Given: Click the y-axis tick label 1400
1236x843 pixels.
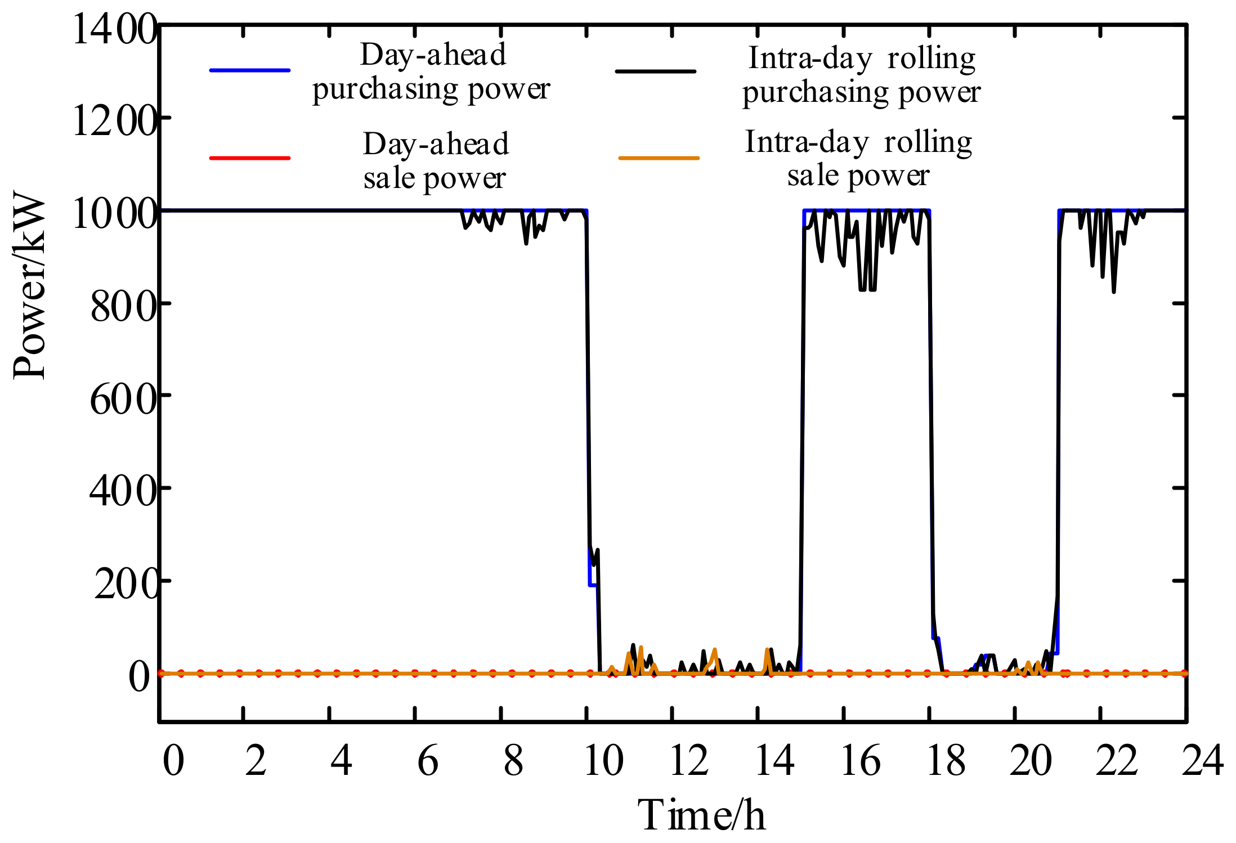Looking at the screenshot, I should (115, 29).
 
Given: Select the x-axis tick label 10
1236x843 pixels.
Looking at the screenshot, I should (603, 761).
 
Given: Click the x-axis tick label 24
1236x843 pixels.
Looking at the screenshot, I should (1202, 761).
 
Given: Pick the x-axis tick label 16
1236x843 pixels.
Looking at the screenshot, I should (860, 761).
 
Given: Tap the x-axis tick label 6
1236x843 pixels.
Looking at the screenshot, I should (428, 761).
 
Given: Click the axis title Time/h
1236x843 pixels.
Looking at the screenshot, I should (701, 815).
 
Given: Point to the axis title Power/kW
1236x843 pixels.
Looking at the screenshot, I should (29, 286).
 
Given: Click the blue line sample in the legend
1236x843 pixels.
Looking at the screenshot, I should (250, 70).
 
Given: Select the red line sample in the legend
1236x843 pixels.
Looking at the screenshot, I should (250, 158).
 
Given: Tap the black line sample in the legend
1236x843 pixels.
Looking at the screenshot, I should (656, 71).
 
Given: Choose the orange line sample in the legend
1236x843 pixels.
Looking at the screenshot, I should (659, 158).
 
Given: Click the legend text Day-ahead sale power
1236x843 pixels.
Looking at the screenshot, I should (435, 161).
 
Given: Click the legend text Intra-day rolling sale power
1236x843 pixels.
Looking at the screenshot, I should (858, 158).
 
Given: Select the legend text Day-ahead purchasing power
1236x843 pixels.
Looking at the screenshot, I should (432, 71).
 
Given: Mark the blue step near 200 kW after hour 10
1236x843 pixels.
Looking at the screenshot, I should (592, 585).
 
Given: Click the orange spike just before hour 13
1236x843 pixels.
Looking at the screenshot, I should (714, 651).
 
